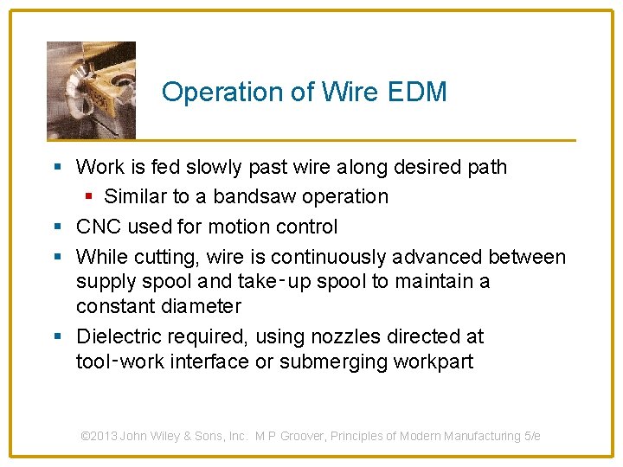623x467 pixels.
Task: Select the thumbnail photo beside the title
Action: pyautogui.click(x=91, y=90)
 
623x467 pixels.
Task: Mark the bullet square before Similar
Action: pyautogui.click(x=87, y=196)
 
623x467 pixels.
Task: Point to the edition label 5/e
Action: pyautogui.click(x=532, y=436)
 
